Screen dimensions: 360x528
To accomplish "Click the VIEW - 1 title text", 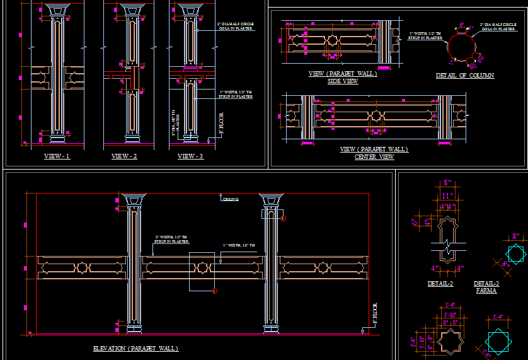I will [x=57, y=156].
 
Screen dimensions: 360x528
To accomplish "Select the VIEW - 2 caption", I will [x=124, y=156].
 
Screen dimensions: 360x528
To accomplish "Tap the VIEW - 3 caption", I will [x=190, y=156].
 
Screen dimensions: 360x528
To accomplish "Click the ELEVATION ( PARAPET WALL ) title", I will [x=135, y=349].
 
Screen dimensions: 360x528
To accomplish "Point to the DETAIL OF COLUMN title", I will [x=465, y=76].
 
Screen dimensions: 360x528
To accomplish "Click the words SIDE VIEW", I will [x=343, y=81].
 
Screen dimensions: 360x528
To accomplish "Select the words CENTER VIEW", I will [x=374, y=157].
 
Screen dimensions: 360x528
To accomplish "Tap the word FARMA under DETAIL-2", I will [x=486, y=291].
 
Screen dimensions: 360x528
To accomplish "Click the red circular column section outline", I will [x=463, y=47].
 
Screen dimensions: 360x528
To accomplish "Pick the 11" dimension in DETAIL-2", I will [x=448, y=196].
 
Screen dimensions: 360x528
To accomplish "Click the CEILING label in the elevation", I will [x=231, y=199].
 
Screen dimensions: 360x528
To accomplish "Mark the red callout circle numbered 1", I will [x=214, y=291].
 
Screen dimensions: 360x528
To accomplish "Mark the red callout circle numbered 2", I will [x=284, y=219].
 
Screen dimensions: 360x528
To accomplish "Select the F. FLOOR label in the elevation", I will [x=374, y=313].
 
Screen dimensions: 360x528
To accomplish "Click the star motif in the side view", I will [x=331, y=43].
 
